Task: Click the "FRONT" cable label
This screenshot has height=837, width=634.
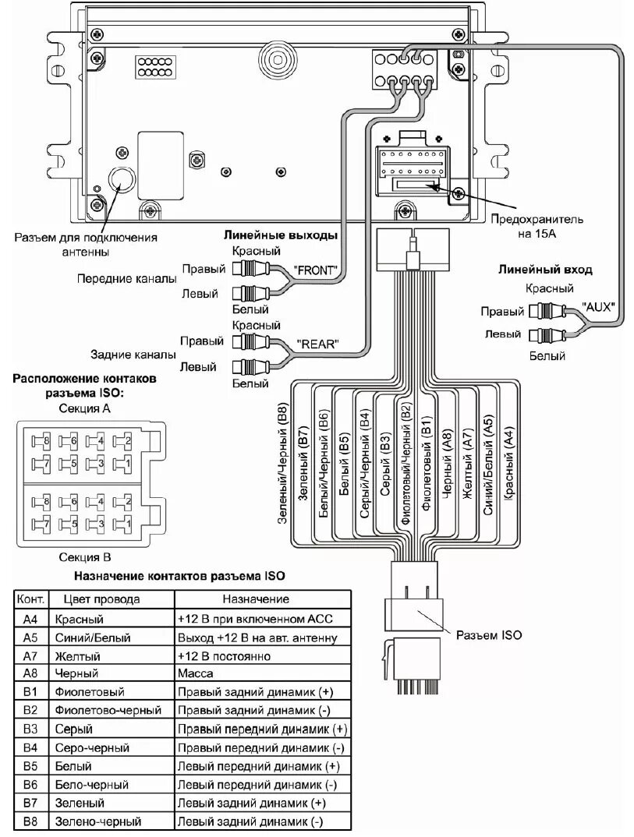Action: [316, 270]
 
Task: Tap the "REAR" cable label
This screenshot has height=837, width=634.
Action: [317, 343]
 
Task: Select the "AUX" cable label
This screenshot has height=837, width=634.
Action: [599, 307]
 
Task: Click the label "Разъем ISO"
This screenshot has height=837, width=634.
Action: [489, 635]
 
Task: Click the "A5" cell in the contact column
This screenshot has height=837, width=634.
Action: [30, 637]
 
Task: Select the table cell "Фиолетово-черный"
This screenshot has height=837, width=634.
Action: [108, 710]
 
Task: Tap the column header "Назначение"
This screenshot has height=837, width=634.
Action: [256, 599]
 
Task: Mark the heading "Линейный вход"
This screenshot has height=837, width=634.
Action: [545, 270]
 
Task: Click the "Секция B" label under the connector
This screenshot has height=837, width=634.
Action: [85, 557]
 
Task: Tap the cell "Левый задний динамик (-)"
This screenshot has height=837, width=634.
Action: [250, 821]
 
